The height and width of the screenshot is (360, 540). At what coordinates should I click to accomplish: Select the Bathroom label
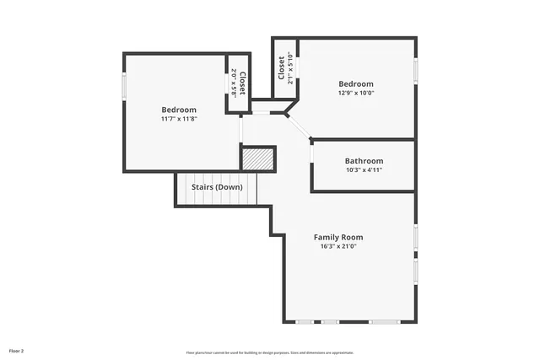tap(364, 161)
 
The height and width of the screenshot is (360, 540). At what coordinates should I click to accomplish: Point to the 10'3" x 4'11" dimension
tap(364, 170)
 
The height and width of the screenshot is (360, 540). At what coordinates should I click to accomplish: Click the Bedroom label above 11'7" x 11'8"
tap(179, 110)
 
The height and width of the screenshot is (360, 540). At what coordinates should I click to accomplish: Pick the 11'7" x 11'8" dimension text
tap(179, 119)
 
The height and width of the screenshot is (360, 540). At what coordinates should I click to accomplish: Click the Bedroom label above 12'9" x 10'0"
tap(356, 83)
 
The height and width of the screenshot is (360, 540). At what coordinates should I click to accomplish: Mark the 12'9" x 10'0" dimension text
tap(356, 93)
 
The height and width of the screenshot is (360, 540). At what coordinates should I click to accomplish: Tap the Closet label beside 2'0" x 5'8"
tap(242, 82)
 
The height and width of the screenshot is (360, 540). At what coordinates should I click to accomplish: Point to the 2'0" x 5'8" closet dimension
tap(234, 82)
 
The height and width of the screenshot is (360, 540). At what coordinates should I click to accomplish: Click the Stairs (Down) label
tap(217, 186)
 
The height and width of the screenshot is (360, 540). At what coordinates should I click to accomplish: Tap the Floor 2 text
tap(17, 349)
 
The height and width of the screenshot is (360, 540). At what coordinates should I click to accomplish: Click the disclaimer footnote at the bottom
tap(270, 352)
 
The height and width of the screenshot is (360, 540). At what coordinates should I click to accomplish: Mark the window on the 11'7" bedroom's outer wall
tap(125, 86)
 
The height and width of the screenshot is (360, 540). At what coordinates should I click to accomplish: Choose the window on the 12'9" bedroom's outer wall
tap(415, 70)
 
